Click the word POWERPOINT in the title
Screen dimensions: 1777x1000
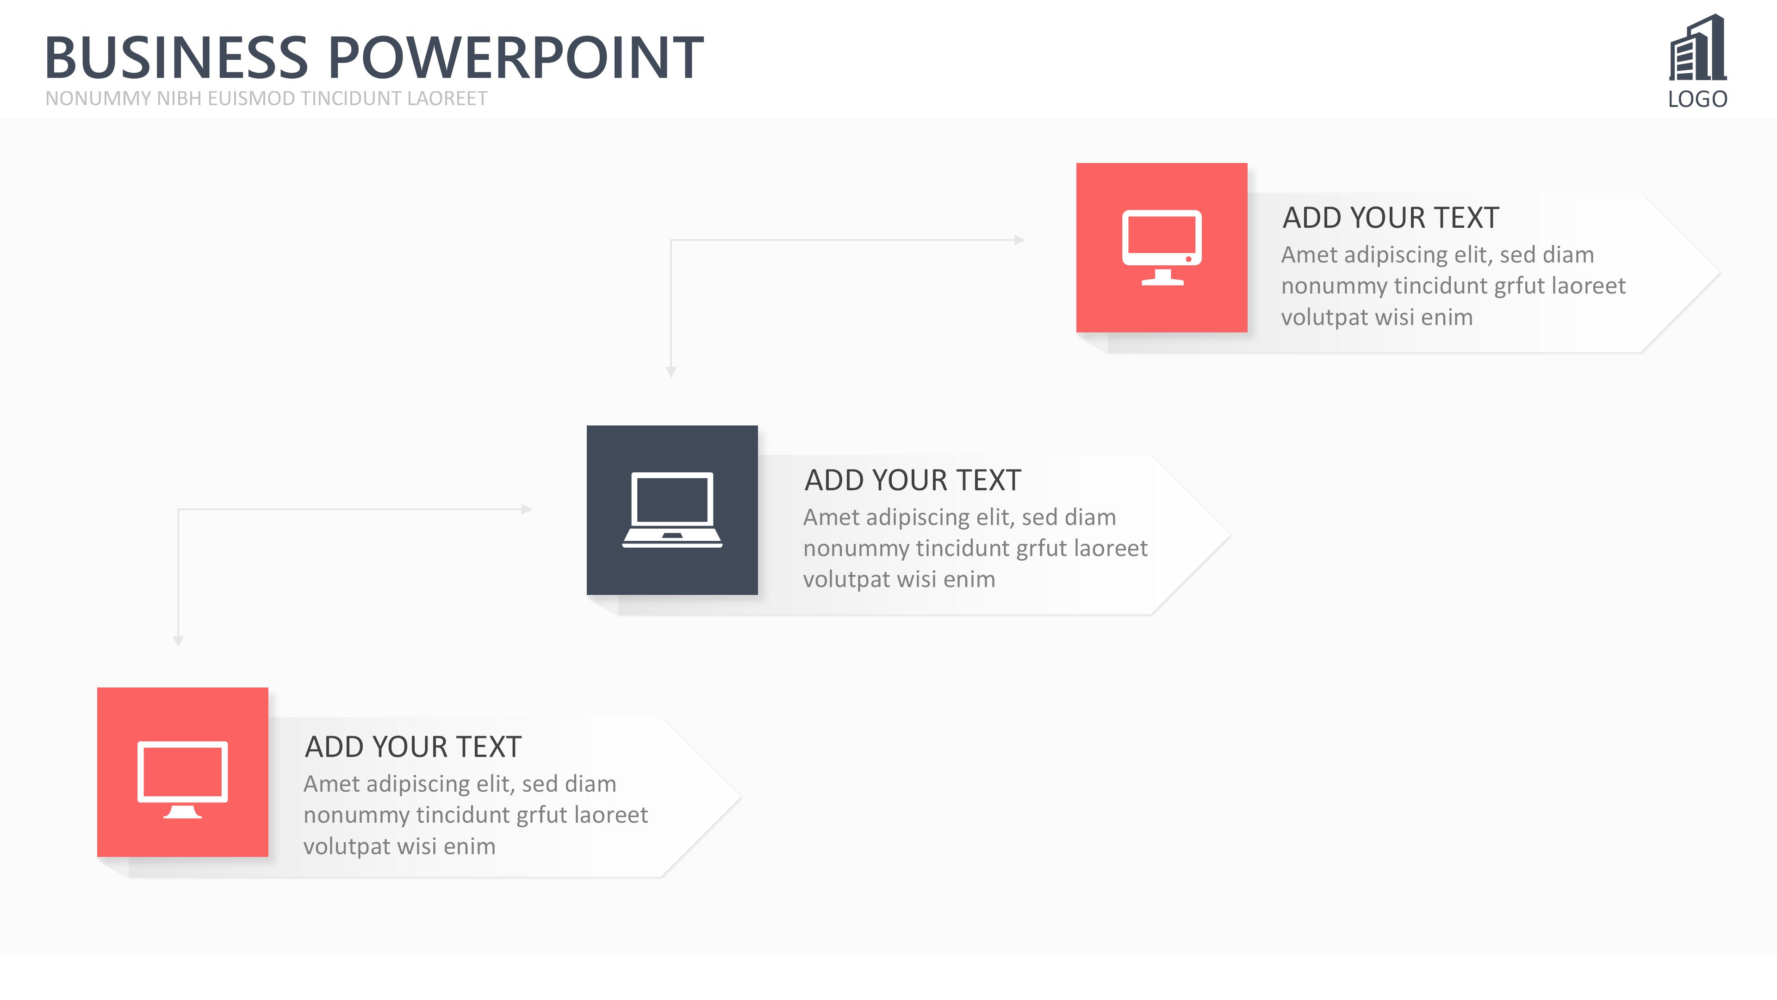point(516,57)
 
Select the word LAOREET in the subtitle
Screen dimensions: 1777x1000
point(447,99)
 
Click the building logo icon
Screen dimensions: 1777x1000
point(1698,48)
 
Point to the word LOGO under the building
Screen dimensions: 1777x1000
point(1698,100)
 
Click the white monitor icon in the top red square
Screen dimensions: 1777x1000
point(1162,248)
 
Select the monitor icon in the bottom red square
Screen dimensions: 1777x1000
point(183,780)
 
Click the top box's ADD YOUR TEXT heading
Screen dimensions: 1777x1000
point(1391,218)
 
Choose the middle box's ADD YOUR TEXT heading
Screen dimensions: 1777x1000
point(913,481)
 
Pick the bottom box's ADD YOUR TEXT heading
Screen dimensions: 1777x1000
point(413,747)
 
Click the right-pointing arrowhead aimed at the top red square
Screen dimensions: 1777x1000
point(1019,240)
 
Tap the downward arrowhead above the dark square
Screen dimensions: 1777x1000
point(671,372)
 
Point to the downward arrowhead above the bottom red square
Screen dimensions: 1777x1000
point(178,642)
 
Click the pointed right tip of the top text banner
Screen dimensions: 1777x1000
point(1720,273)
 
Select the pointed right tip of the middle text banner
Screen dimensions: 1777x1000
point(1230,535)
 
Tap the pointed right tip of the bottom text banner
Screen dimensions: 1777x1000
point(740,798)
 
